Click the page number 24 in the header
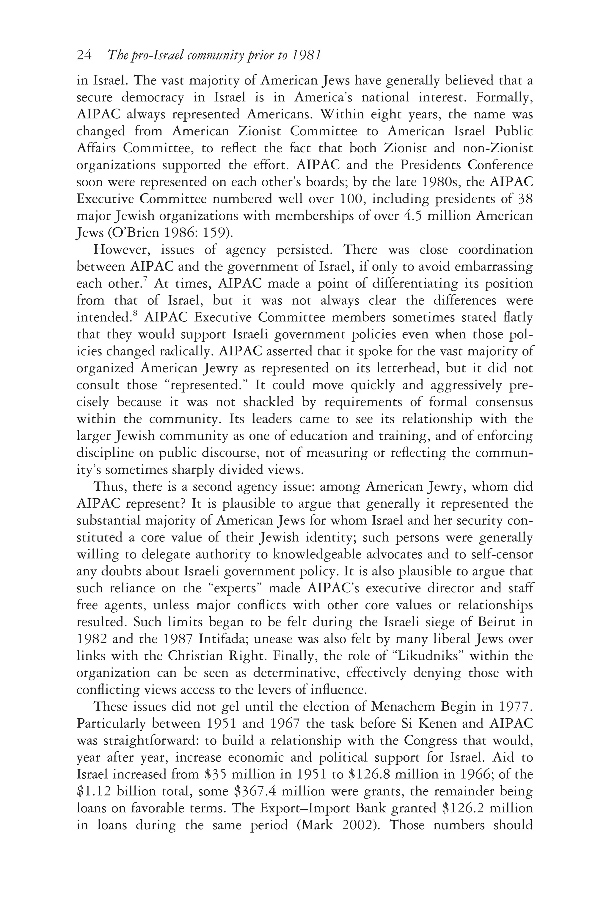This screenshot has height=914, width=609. pos(84,56)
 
